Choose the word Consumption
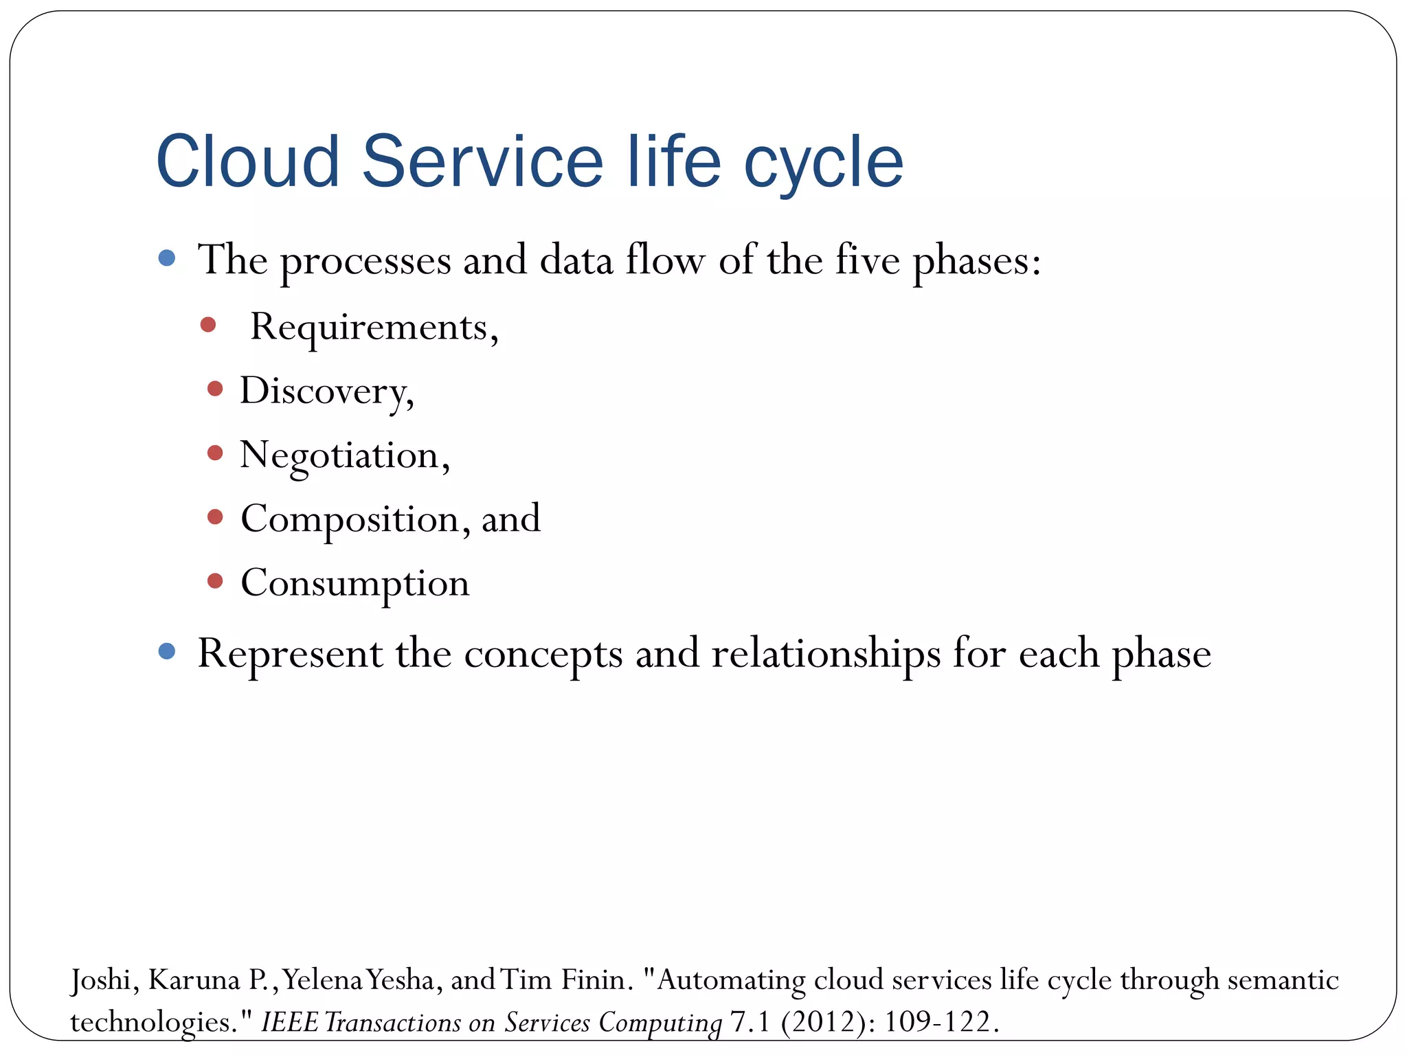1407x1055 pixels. pyautogui.click(x=354, y=584)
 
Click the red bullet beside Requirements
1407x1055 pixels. pyautogui.click(x=208, y=324)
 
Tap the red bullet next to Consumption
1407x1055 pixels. pyautogui.click(x=215, y=581)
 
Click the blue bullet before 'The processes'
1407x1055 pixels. pyautogui.click(x=166, y=258)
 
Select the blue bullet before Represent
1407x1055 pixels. pyautogui.click(x=166, y=651)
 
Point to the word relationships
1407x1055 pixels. pyautogui.click(x=826, y=654)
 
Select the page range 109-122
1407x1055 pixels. pyautogui.click(x=937, y=1022)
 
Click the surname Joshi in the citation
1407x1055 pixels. pyautogui.click(x=100, y=980)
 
